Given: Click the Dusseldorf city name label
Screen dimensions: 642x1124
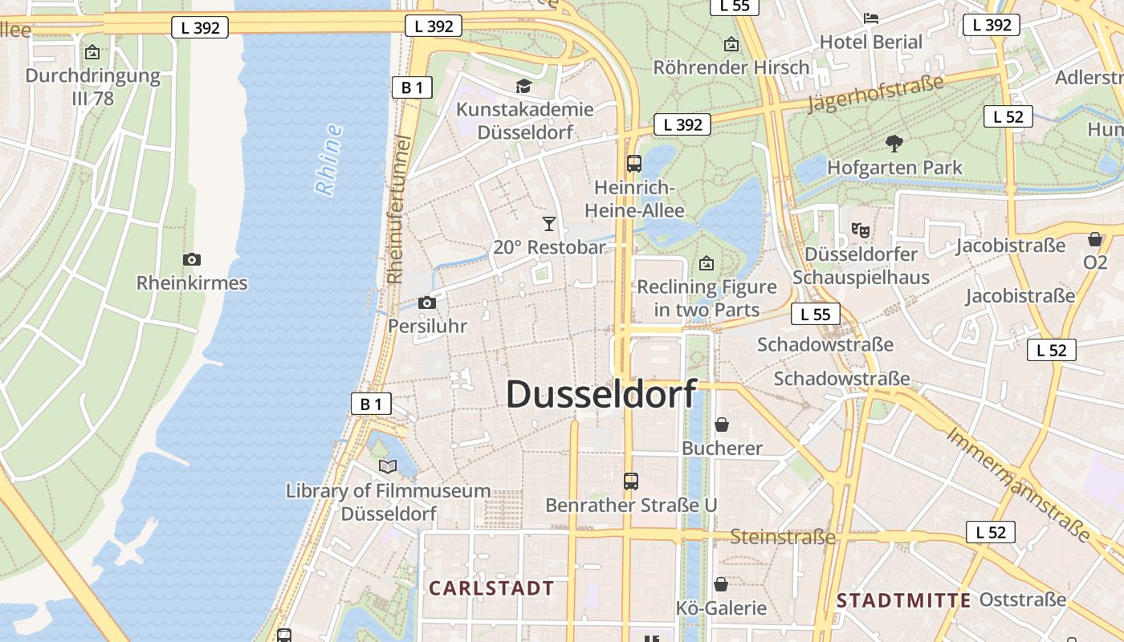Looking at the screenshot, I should (x=601, y=395).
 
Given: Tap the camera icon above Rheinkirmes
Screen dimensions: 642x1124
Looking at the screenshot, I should (x=191, y=259).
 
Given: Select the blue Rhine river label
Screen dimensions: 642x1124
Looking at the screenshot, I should (x=329, y=160).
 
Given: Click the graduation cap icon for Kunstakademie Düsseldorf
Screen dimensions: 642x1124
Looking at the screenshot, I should (x=523, y=86).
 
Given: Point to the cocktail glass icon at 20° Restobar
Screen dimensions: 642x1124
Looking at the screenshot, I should (x=549, y=223).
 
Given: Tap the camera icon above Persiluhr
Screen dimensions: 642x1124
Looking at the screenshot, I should (x=427, y=303).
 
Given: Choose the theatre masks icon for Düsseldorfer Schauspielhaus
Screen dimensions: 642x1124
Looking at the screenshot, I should (x=861, y=230).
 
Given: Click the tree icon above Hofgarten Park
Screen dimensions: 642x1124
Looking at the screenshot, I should (x=894, y=144).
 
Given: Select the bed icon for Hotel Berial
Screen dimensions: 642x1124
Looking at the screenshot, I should (x=871, y=18).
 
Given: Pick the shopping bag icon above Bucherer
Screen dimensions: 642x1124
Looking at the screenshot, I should (x=722, y=424).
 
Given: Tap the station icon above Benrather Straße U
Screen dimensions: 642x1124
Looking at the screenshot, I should (x=631, y=481).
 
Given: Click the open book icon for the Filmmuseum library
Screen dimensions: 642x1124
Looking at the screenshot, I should (x=388, y=466).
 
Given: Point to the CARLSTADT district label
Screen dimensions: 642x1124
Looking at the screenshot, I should (x=491, y=588).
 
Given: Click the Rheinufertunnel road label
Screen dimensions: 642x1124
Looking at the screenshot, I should (x=399, y=210).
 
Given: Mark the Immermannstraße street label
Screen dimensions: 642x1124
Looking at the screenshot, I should (x=1018, y=485).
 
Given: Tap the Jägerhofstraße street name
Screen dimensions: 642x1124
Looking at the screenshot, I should (x=875, y=94).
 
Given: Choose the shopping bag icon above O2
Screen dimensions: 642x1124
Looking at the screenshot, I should (x=1095, y=239).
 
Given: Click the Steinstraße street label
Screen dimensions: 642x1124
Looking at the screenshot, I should (x=782, y=537).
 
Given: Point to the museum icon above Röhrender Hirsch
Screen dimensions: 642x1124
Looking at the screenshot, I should (x=731, y=44).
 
